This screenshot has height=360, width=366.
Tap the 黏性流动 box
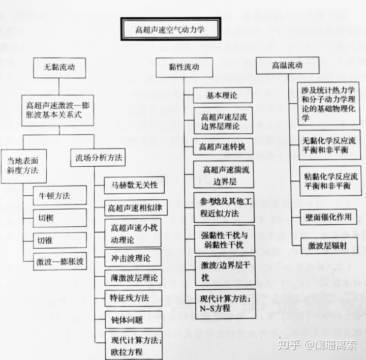184,67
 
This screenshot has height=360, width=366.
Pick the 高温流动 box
287,66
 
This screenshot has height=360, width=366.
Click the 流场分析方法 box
97,158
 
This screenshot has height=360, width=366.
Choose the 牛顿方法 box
55,195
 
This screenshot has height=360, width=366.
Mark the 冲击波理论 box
133,256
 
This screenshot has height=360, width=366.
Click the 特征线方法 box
133,297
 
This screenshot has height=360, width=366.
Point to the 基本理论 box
222,95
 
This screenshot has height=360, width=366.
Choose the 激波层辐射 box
328,246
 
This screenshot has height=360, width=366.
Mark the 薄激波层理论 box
133,277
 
